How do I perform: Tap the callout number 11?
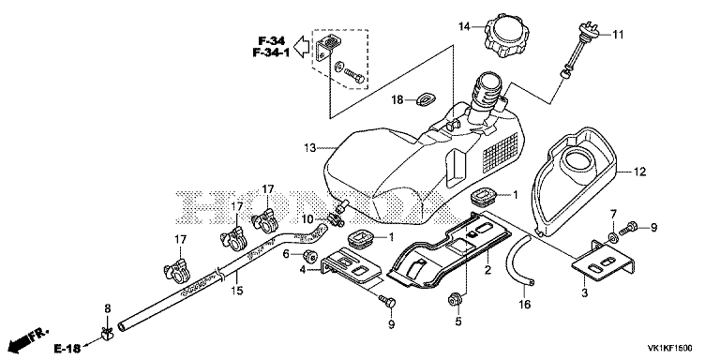pyautogui.click(x=619, y=35)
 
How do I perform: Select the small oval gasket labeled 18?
pyautogui.click(x=427, y=98)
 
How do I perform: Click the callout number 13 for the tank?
pyautogui.click(x=309, y=148)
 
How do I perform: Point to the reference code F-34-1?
pyautogui.click(x=271, y=52)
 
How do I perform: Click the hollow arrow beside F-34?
pyautogui.click(x=301, y=47)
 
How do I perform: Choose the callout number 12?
pyautogui.click(x=639, y=172)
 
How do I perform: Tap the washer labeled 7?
pyautogui.click(x=613, y=237)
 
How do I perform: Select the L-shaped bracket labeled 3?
pyautogui.click(x=604, y=261)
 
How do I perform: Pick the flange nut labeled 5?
pyautogui.click(x=455, y=300)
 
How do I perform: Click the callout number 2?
pyautogui.click(x=487, y=270)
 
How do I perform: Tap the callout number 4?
pyautogui.click(x=303, y=270)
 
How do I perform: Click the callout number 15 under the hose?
pyautogui.click(x=237, y=291)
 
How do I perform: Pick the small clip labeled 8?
pyautogui.click(x=108, y=335)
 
